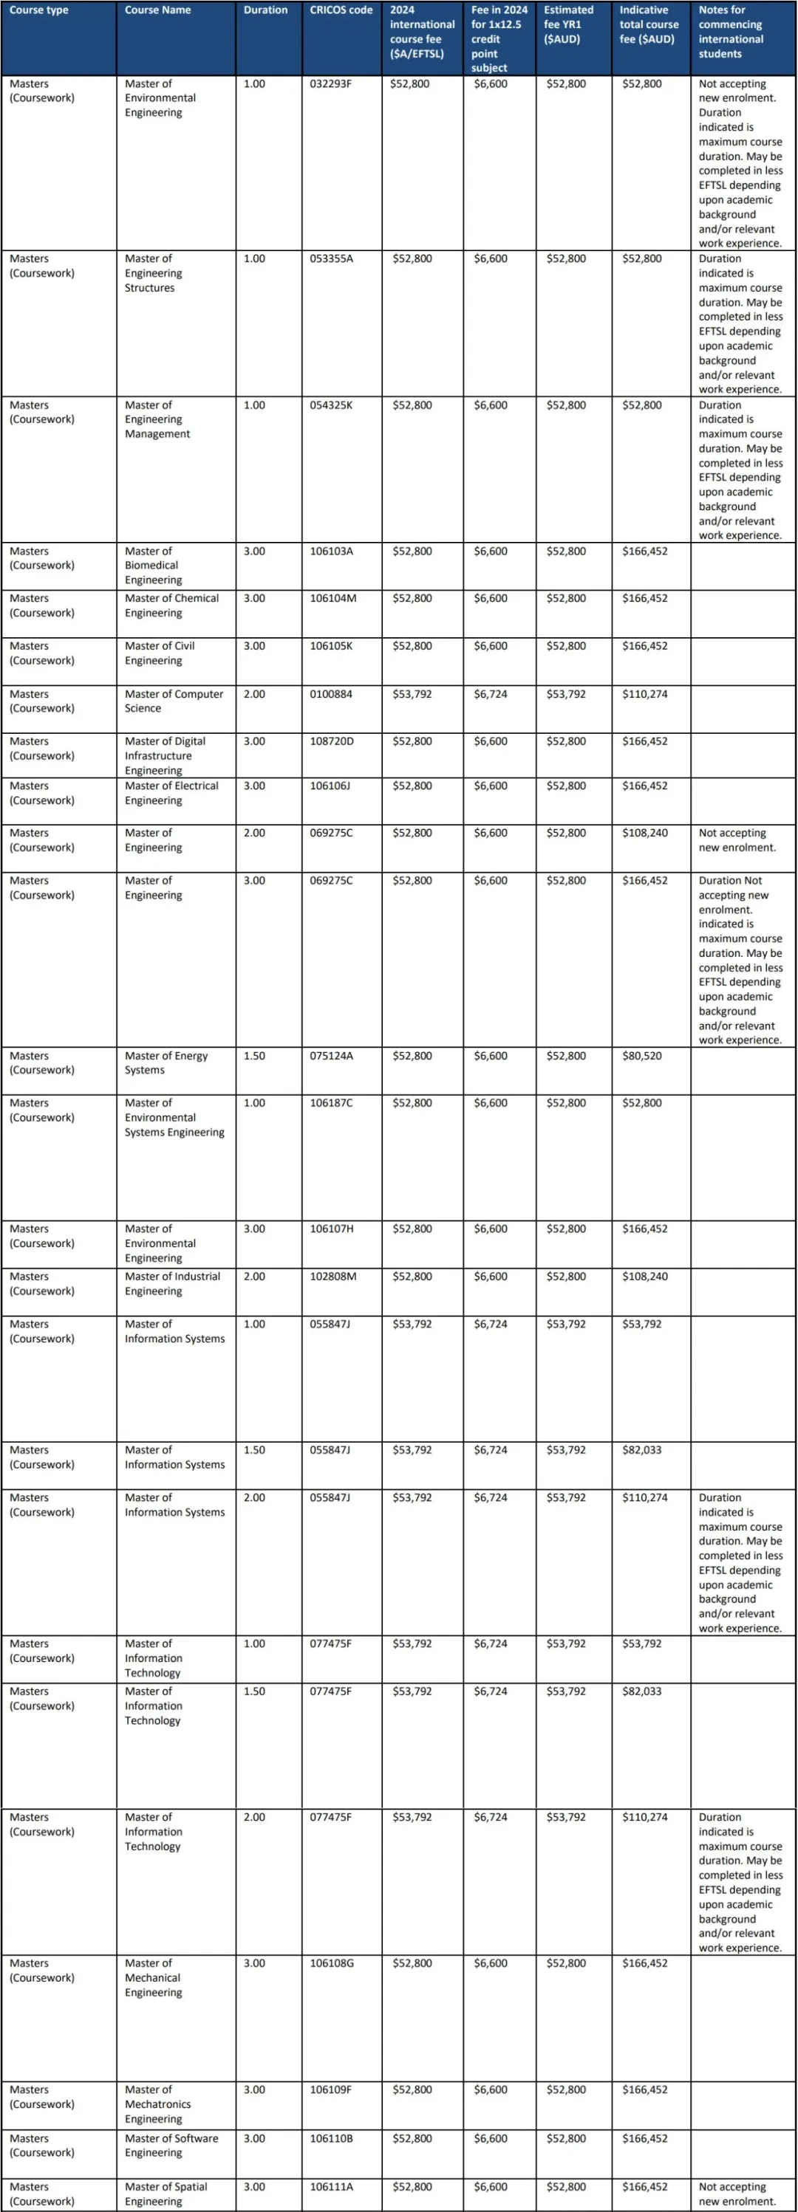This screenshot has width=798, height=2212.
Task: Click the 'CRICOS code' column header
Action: [x=341, y=10]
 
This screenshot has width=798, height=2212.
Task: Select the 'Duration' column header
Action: [x=265, y=10]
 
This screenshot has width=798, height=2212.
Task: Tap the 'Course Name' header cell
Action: [x=158, y=10]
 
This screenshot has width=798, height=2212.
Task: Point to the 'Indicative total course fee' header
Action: [x=649, y=24]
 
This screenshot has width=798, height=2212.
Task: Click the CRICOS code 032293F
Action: [x=331, y=84]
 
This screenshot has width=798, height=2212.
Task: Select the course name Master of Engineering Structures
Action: [x=154, y=273]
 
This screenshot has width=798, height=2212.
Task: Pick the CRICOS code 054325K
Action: [x=331, y=405]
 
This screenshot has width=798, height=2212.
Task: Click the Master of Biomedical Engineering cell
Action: [x=153, y=565]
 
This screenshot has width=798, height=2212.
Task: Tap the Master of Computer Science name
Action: [x=174, y=701]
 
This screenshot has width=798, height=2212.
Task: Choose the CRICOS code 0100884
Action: [x=331, y=694]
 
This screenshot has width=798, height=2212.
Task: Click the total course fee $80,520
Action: [x=641, y=1055]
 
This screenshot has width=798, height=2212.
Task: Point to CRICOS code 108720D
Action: [x=332, y=741]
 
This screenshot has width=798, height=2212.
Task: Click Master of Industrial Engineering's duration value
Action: [x=254, y=1276]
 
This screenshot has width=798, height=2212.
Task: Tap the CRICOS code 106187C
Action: [x=332, y=1102]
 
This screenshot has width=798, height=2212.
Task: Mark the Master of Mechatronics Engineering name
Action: [x=157, y=2103]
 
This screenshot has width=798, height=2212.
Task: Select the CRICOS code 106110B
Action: [x=332, y=2138]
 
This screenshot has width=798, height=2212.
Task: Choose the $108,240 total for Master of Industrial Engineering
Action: [x=644, y=1276]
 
